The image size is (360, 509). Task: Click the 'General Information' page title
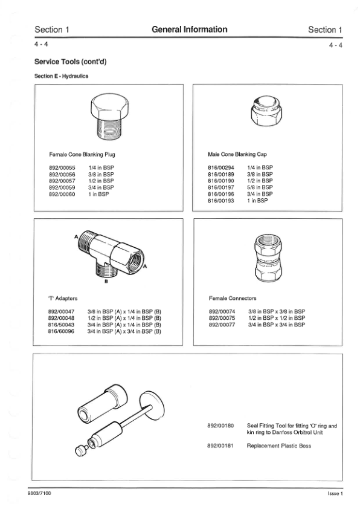pos(190,30)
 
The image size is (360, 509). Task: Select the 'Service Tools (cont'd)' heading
pos(71,62)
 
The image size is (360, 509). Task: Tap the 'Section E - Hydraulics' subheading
pos(61,76)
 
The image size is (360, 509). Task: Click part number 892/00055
pos(62,168)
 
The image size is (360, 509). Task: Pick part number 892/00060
pos(62,195)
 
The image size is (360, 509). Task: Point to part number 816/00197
pos(221,187)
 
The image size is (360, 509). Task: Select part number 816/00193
pos(221,201)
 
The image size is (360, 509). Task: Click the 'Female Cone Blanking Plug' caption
pos(82,155)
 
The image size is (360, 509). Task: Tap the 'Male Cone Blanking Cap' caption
pos(237,155)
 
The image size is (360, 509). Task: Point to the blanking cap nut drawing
pos(266,112)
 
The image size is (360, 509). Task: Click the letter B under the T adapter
pos(106,282)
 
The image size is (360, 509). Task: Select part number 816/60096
pos(61,331)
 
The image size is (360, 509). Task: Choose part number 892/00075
pos(222,318)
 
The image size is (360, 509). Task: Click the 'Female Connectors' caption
pos(233,298)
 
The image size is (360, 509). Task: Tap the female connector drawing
pos(268,258)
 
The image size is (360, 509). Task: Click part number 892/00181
pos(220,446)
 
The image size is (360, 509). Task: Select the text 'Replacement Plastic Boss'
pos(279,446)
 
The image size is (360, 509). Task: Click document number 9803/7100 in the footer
pos(40,493)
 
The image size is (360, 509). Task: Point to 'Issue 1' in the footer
pos(335,494)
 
